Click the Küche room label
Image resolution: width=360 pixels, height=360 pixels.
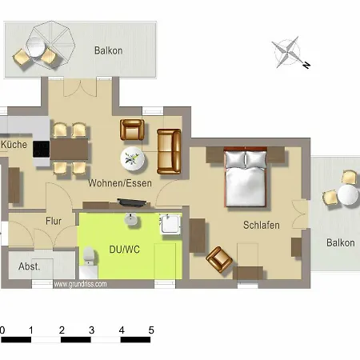(14, 145)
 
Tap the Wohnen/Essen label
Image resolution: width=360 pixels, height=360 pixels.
(120, 184)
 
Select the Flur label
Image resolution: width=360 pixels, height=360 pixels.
(54, 220)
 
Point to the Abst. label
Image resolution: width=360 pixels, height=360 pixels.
(30, 267)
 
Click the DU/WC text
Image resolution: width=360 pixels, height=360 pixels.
(124, 249)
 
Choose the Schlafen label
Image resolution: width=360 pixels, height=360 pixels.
(262, 226)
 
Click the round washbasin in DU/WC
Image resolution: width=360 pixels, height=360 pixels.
(132, 218)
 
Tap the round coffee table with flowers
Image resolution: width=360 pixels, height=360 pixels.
(134, 158)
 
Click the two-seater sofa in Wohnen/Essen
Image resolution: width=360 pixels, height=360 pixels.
(170, 150)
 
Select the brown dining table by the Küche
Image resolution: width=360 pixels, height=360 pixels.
(70, 149)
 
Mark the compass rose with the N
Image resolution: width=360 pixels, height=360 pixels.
(288, 53)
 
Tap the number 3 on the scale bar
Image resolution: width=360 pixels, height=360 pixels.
(91, 329)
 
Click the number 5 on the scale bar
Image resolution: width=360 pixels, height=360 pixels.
(150, 329)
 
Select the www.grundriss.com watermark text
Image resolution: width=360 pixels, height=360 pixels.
(80, 283)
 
